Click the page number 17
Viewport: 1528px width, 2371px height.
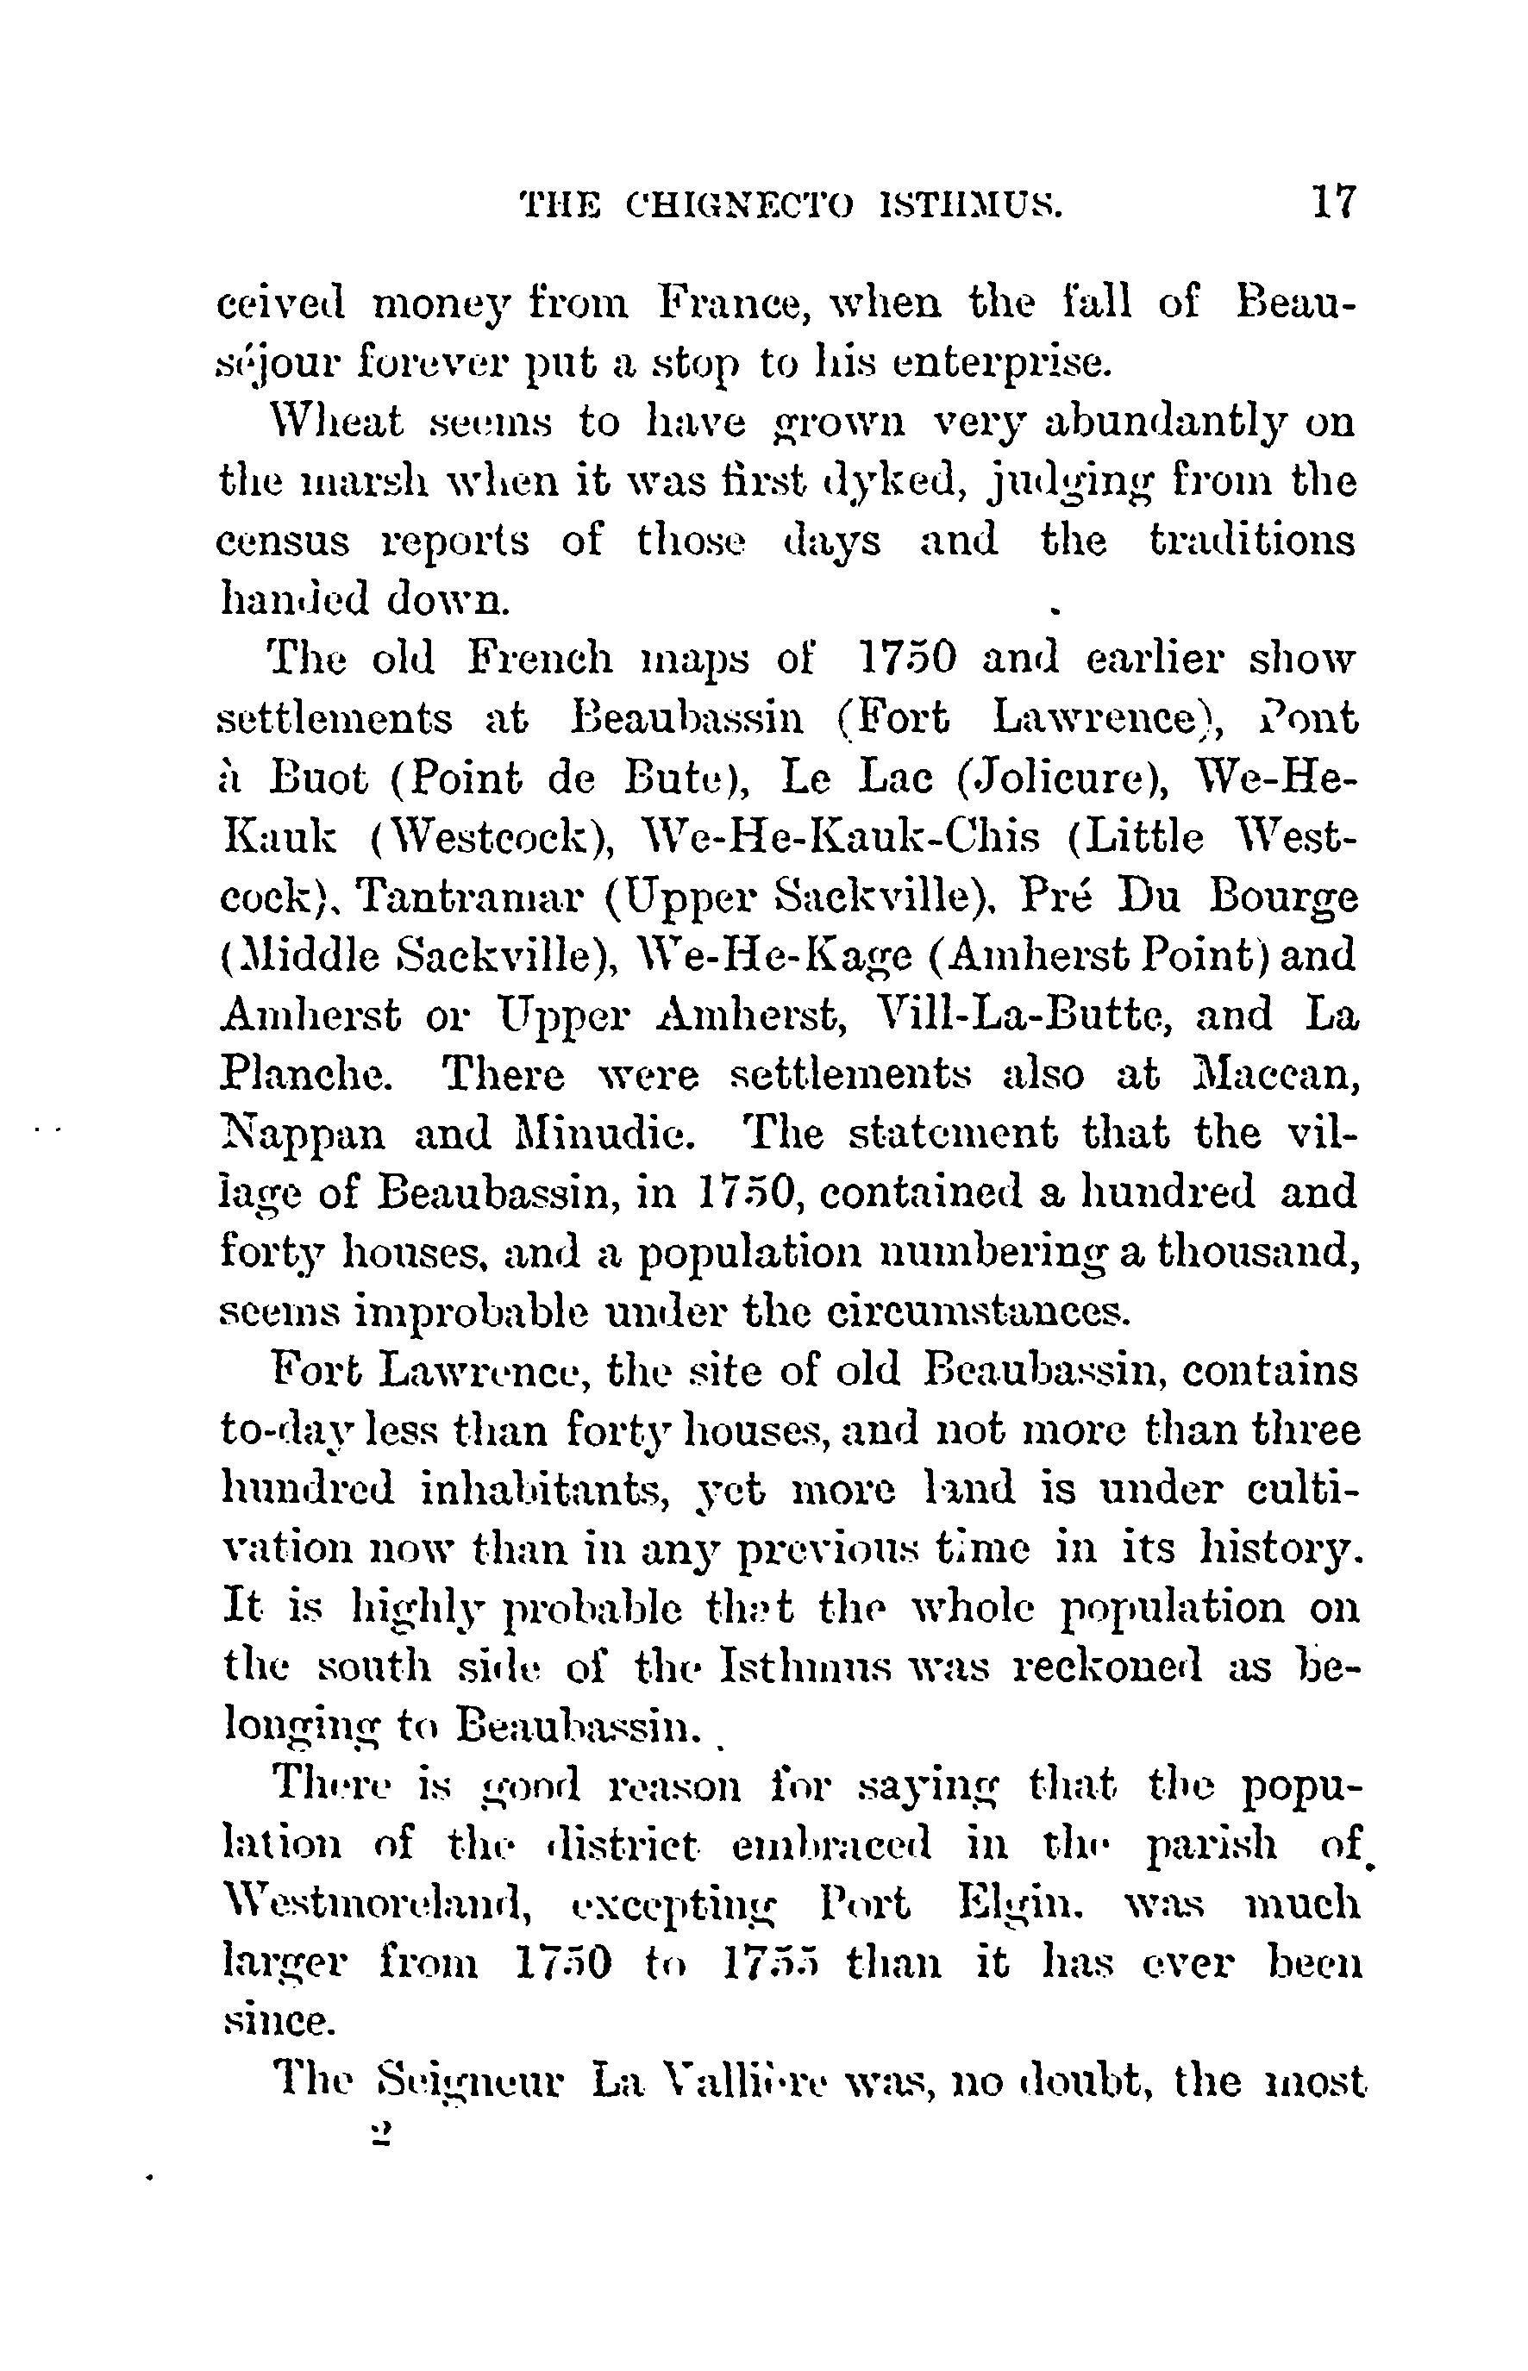click(x=1332, y=203)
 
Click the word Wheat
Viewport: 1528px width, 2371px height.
click(x=337, y=422)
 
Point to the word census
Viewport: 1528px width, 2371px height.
click(x=283, y=541)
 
